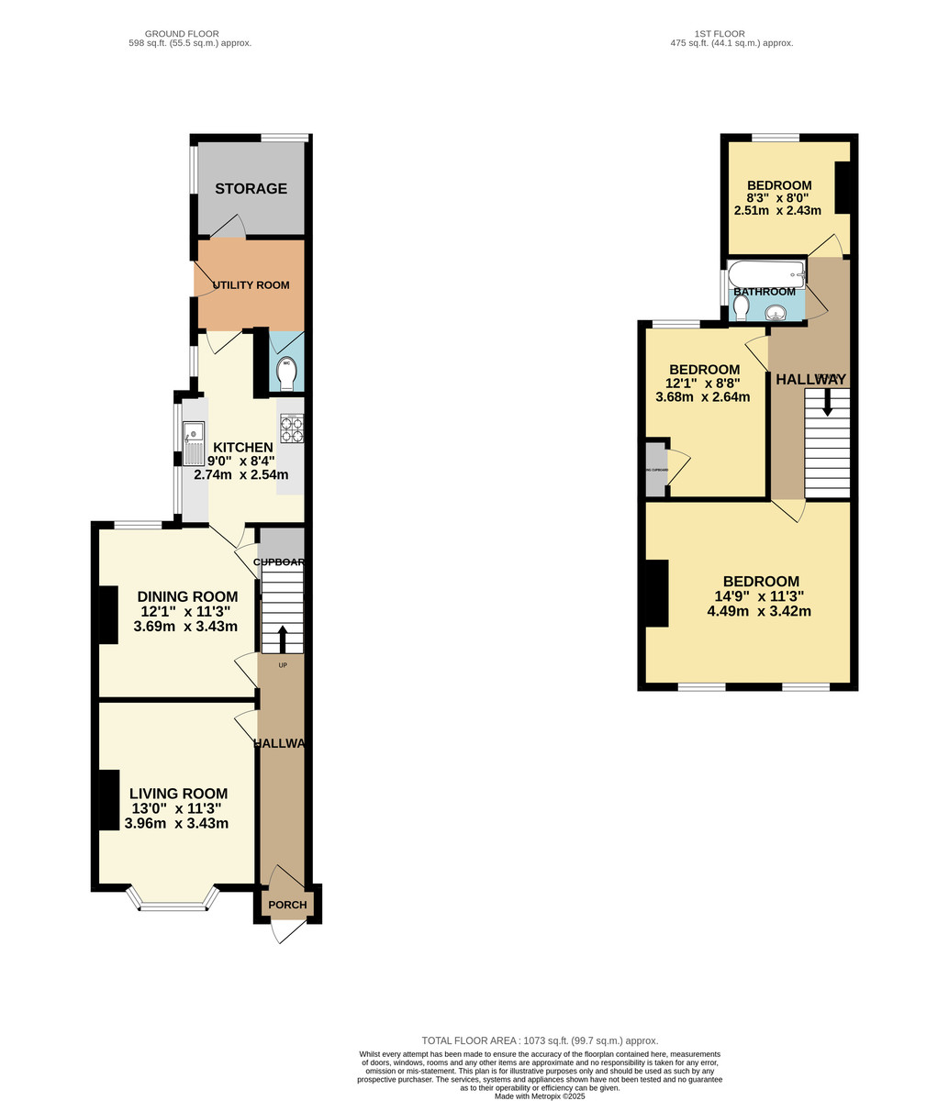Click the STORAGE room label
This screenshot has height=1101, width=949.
[251, 189]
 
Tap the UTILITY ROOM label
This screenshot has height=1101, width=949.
[251, 285]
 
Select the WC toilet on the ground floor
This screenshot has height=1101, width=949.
[285, 373]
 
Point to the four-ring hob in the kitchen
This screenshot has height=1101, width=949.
[292, 429]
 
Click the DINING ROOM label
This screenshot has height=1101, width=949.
[187, 596]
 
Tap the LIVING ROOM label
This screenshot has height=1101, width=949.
[178, 794]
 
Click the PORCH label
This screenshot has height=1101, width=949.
[287, 905]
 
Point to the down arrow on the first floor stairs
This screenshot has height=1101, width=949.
[827, 402]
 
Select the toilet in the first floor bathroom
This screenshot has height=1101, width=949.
[742, 307]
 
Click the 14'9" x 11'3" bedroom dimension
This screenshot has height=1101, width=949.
[760, 596]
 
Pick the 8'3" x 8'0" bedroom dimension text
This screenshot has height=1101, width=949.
[777, 197]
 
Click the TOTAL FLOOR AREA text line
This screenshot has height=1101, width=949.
[540, 1040]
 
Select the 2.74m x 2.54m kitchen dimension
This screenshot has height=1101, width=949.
[240, 475]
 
